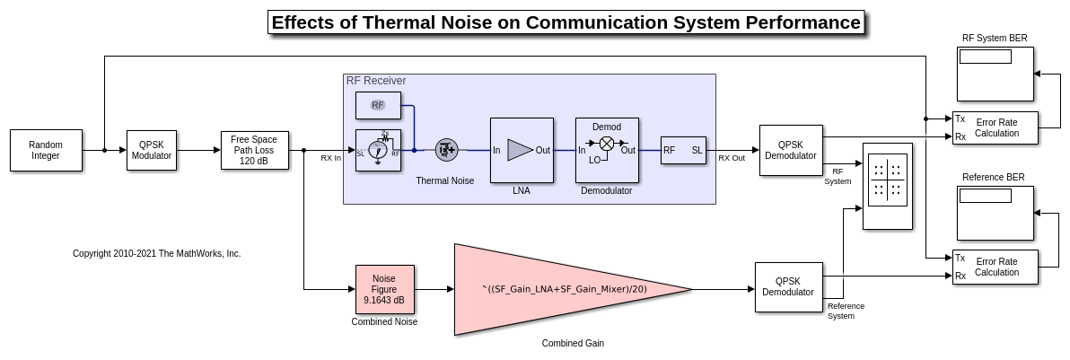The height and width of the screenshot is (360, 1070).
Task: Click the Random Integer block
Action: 46,150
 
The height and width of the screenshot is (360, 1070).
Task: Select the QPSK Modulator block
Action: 152,150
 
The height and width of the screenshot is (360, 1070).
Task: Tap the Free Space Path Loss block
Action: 254,150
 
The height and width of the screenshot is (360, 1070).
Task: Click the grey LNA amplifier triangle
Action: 520,150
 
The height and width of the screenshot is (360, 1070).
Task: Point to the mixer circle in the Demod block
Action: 607,143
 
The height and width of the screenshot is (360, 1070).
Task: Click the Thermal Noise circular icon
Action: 446,150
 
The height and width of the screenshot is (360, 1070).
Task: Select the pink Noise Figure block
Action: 384,289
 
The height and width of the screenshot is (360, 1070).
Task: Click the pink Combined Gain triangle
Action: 557,289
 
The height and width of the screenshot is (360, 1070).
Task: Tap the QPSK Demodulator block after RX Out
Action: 790,150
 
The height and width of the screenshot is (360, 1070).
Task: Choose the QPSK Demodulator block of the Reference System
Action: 788,287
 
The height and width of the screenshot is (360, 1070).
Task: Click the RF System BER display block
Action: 995,74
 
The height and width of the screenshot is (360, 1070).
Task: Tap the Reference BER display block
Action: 995,213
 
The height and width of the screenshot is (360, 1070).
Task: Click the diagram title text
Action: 566,22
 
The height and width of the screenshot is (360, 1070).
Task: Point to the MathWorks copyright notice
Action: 156,254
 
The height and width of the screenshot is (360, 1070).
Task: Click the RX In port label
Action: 331,158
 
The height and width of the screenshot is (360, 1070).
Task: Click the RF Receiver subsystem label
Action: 376,81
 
